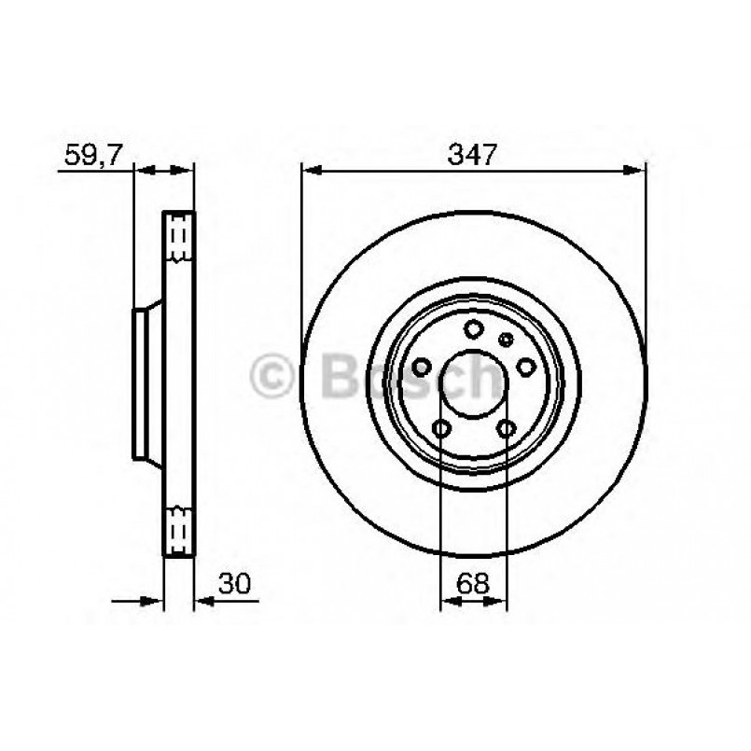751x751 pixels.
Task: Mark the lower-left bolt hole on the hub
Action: [442, 428]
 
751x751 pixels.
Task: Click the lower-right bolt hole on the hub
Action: [507, 428]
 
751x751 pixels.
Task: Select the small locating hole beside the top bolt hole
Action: [505, 338]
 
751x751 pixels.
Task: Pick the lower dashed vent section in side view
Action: [179, 529]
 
